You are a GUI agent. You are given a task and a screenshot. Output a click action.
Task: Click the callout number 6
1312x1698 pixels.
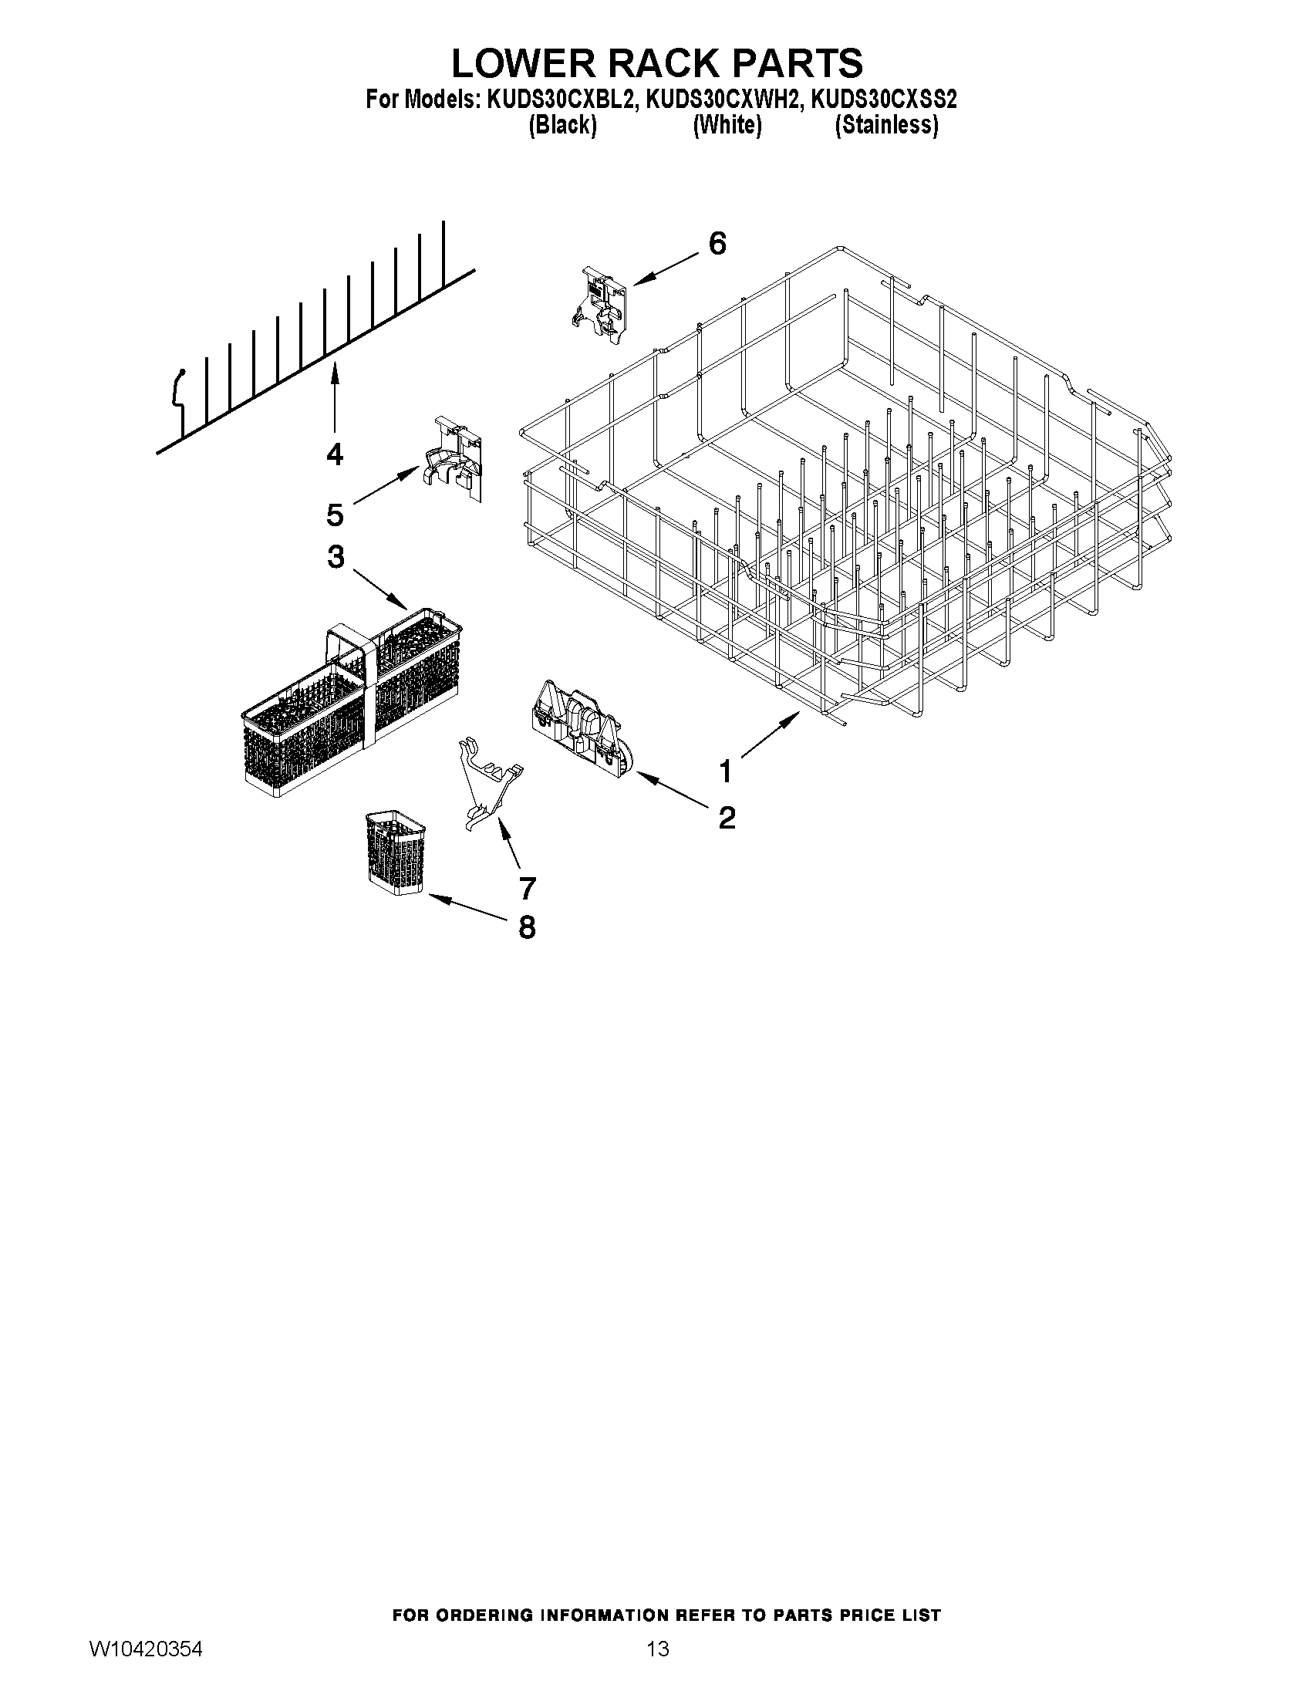pos(717,244)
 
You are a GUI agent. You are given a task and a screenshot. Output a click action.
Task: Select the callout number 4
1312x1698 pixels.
pos(334,454)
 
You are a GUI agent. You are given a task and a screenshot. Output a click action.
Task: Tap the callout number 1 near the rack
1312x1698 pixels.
pos(724,772)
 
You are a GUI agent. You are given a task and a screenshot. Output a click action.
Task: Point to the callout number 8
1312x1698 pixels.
pos(527,927)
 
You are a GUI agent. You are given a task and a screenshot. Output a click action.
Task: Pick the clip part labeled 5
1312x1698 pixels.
pos(453,461)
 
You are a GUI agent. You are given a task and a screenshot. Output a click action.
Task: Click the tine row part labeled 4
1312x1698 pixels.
pos(311,350)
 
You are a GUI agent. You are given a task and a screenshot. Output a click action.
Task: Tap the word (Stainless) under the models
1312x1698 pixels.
pos(885,125)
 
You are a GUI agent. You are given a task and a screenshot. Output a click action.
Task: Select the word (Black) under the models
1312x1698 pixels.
pos(562,125)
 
